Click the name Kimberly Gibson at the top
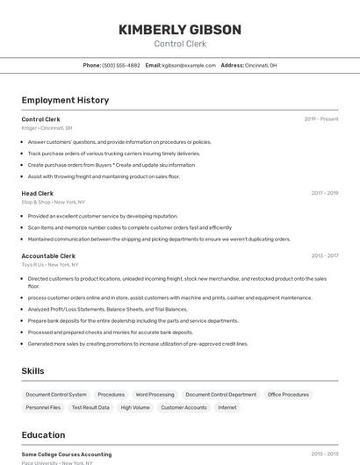[x=179, y=30]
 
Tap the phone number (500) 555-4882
[x=120, y=65]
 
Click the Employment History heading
[x=65, y=100]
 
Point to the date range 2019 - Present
[x=321, y=119]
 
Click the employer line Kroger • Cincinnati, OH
[x=47, y=128]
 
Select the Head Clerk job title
[x=38, y=193]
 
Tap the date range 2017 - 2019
[x=324, y=193]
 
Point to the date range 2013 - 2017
[x=324, y=256]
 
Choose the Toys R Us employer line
[x=49, y=264]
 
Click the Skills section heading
[x=32, y=371]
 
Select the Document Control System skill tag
[x=56, y=395]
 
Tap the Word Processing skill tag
[x=155, y=395]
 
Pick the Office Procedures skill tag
[x=288, y=395]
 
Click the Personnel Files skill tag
[x=43, y=408]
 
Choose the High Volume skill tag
[x=135, y=408]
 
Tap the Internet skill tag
[x=227, y=408]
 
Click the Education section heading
[x=43, y=435]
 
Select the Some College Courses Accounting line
[x=67, y=454]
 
